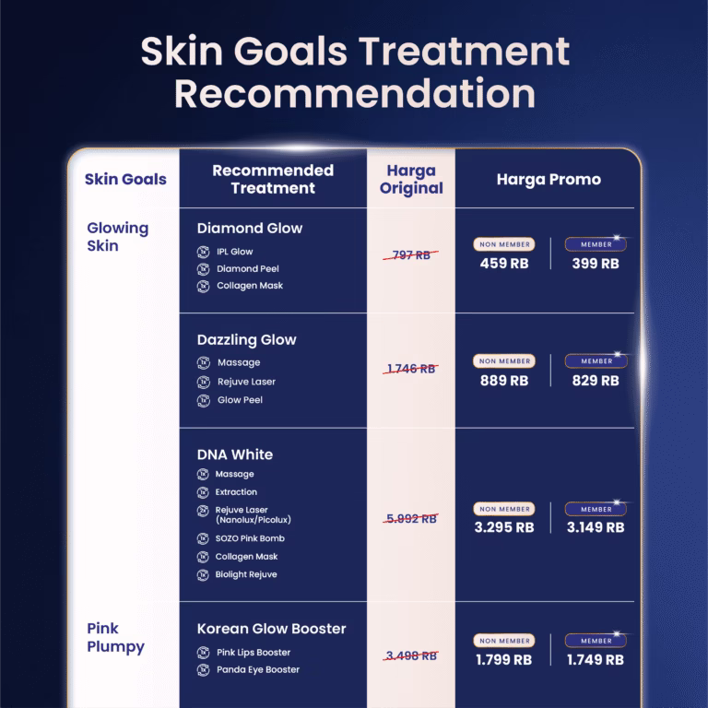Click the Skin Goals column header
(125, 179)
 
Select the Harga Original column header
(411, 180)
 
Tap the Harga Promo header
(549, 180)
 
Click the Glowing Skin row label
(117, 237)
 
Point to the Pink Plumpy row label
(115, 638)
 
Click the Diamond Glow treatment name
(249, 229)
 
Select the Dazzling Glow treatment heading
(246, 340)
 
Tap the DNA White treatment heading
(234, 454)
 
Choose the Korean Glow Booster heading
(271, 629)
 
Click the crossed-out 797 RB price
(411, 255)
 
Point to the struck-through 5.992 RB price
(411, 519)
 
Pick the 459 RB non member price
(503, 264)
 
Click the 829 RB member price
(595, 380)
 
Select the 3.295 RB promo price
(503, 528)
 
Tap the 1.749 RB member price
(595, 660)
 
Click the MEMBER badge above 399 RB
(596, 244)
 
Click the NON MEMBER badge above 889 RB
(504, 361)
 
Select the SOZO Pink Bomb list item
(250, 538)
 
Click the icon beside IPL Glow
(204, 252)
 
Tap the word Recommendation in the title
(354, 94)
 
